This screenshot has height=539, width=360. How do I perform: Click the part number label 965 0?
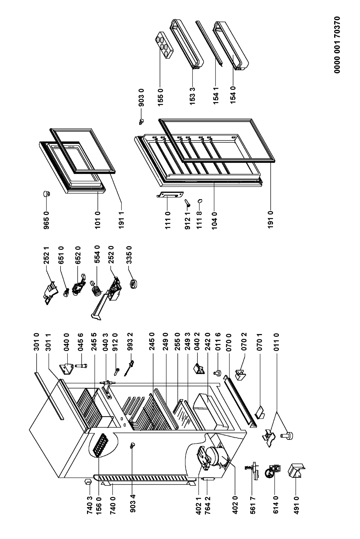tap(46, 213)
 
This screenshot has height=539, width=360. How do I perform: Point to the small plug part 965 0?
tap(46, 193)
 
